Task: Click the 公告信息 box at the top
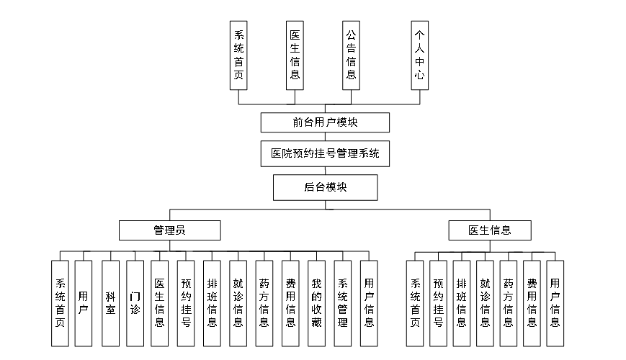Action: (351, 55)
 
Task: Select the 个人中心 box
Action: (420, 55)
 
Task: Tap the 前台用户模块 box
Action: (325, 122)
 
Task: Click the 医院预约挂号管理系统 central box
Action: (325, 153)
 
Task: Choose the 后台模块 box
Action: (325, 187)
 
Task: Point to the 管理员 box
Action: (169, 230)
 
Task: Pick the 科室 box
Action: (110, 302)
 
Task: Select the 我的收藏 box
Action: (316, 302)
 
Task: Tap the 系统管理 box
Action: (343, 302)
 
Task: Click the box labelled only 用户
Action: (84, 302)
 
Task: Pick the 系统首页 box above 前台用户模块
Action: (238, 55)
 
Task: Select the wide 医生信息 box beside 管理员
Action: (490, 230)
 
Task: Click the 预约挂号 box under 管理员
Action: (186, 302)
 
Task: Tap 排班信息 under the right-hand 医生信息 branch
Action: (462, 302)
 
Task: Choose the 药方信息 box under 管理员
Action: (264, 302)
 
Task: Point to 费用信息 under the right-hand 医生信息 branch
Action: (532, 302)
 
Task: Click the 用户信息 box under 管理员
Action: (369, 302)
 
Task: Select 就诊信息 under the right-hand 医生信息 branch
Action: (485, 302)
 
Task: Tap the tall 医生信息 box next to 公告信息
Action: (295, 55)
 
